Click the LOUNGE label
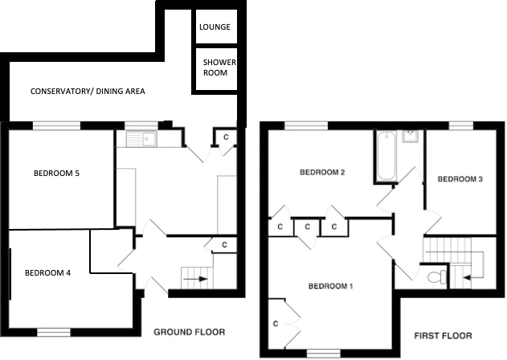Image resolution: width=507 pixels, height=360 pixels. [x=215, y=27]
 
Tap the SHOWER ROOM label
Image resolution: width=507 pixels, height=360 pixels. [x=219, y=67]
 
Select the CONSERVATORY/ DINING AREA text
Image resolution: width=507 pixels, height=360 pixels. [x=88, y=92]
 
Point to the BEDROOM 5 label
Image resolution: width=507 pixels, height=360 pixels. [x=56, y=174]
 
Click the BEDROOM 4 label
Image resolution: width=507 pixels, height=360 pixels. [x=47, y=273]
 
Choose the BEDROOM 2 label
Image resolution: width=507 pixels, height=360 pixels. [x=322, y=172]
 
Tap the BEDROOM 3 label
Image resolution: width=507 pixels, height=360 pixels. [x=460, y=179]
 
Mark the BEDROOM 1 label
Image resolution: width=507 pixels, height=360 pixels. [x=330, y=286]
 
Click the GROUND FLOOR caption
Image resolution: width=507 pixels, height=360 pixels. [x=189, y=332]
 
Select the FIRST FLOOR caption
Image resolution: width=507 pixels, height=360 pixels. [x=443, y=336]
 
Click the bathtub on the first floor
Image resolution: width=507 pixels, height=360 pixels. [x=386, y=156]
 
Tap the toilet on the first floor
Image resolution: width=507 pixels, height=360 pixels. [x=437, y=277]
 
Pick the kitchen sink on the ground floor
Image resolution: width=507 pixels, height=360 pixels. [x=141, y=139]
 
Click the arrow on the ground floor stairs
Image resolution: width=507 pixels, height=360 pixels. [x=195, y=279]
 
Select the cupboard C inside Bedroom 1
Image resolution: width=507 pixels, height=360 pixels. [x=276, y=324]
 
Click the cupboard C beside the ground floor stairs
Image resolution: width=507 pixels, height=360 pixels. [x=224, y=245]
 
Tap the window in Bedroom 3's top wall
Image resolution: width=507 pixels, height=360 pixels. [x=461, y=125]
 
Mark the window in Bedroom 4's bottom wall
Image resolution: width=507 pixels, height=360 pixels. [x=54, y=332]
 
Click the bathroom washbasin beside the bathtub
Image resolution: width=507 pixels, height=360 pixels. [x=411, y=136]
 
